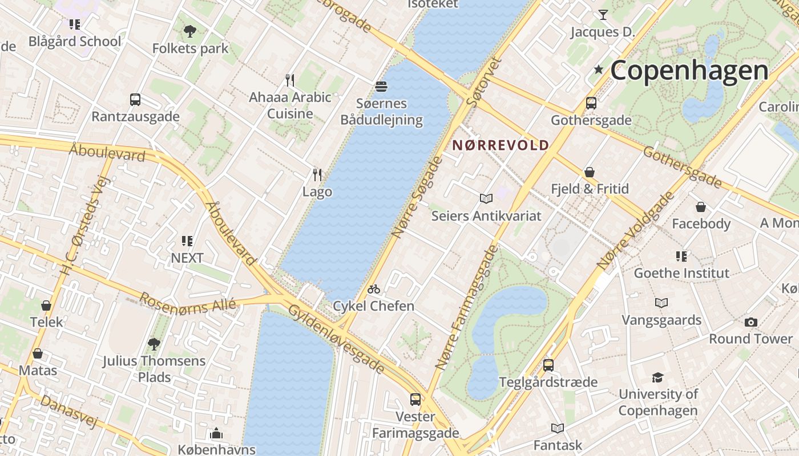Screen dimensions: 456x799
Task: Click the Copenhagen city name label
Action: (x=689, y=71)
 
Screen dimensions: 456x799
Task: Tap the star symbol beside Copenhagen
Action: (x=598, y=70)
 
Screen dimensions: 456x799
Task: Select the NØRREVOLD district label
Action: (x=501, y=145)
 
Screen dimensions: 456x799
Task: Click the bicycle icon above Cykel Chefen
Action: (x=374, y=290)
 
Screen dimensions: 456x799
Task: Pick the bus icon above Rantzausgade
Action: (x=135, y=100)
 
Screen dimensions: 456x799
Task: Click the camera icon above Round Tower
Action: (x=751, y=322)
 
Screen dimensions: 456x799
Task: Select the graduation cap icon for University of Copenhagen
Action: (x=658, y=377)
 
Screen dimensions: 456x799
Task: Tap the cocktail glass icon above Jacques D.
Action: (x=603, y=15)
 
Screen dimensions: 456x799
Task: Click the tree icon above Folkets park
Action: (x=190, y=31)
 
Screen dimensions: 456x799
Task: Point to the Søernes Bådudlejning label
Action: (x=381, y=112)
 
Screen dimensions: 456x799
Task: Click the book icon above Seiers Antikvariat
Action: (x=486, y=199)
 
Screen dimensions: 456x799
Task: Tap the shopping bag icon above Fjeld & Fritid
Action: (x=590, y=172)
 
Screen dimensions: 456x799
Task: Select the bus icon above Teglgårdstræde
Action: (x=548, y=365)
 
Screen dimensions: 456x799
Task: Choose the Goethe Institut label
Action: (x=681, y=273)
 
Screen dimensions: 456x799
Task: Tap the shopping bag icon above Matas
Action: (x=38, y=353)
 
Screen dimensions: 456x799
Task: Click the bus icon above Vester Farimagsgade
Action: (x=415, y=400)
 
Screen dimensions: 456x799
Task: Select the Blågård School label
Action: (x=75, y=42)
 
